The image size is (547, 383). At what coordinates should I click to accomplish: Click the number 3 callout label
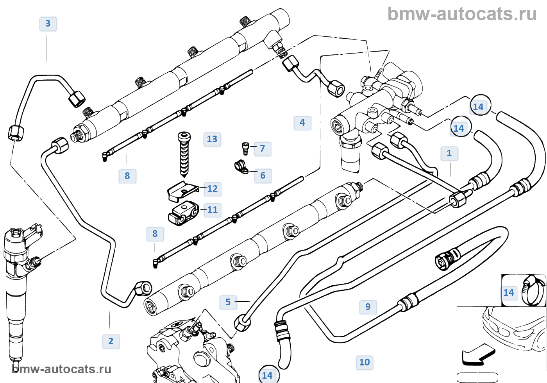[x=48, y=24]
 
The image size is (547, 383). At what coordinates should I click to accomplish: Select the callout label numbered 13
[x=212, y=139]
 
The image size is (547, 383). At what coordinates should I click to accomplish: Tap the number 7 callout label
[x=263, y=149]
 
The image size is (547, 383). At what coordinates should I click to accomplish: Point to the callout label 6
[x=263, y=175]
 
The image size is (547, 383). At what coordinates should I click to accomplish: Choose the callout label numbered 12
[x=213, y=189]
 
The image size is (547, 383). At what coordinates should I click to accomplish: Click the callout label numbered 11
[x=213, y=210]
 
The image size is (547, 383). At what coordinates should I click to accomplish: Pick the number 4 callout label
[x=302, y=123]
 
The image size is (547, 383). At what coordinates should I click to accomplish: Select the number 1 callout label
[x=449, y=153]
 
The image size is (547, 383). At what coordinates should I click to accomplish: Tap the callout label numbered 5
[x=228, y=302]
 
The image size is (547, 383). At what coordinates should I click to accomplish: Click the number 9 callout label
[x=368, y=307]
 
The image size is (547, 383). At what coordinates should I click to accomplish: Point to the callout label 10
[x=365, y=362]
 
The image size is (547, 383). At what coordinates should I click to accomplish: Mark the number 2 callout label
[x=111, y=341]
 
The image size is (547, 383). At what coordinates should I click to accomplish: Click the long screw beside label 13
[x=184, y=154]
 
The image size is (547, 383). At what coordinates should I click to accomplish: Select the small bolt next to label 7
[x=245, y=148]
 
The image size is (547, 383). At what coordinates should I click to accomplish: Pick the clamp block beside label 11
[x=184, y=213]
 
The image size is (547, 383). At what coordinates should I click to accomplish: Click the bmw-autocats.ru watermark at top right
[x=462, y=14]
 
